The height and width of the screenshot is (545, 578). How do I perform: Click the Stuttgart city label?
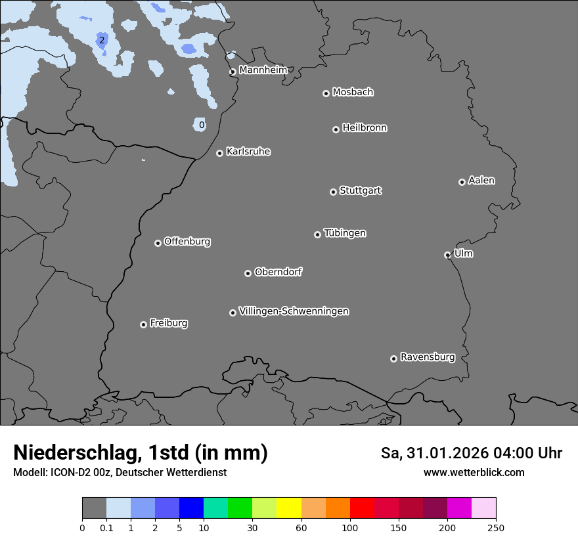360,190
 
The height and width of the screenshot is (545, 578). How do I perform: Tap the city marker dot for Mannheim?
233,72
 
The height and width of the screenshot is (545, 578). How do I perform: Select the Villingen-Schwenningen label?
294,311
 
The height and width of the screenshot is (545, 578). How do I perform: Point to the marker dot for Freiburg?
143,324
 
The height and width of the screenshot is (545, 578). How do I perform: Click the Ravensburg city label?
428,357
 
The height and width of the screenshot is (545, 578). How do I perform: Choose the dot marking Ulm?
447,255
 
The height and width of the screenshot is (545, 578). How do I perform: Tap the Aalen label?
481,180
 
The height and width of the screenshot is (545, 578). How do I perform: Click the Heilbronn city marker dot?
336,129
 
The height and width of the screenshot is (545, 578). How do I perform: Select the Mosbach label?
353,92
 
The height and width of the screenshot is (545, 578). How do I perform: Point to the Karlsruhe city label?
248,152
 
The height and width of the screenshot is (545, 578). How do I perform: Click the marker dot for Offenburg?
158,243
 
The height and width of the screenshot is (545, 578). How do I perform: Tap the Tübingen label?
345,233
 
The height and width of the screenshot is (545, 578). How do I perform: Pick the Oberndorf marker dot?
248,273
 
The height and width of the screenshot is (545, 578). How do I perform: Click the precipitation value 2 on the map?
101,41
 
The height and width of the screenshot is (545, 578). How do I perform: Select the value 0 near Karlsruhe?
202,125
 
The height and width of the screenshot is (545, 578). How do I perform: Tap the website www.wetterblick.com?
474,472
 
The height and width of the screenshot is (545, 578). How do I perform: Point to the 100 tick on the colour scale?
350,527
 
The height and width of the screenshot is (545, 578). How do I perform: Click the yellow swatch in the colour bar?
289,508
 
